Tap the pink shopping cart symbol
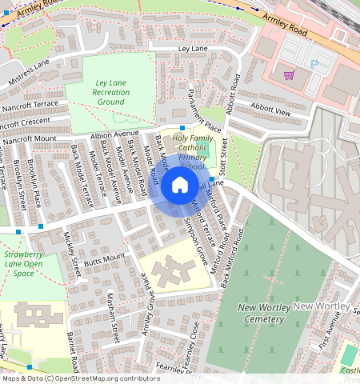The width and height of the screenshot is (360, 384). pyautogui.click(x=289, y=75)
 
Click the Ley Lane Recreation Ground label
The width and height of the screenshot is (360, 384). pyautogui.click(x=110, y=93)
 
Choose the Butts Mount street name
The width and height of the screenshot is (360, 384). pyautogui.click(x=105, y=259)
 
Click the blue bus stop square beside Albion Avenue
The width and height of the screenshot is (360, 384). pyautogui.click(x=182, y=128)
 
